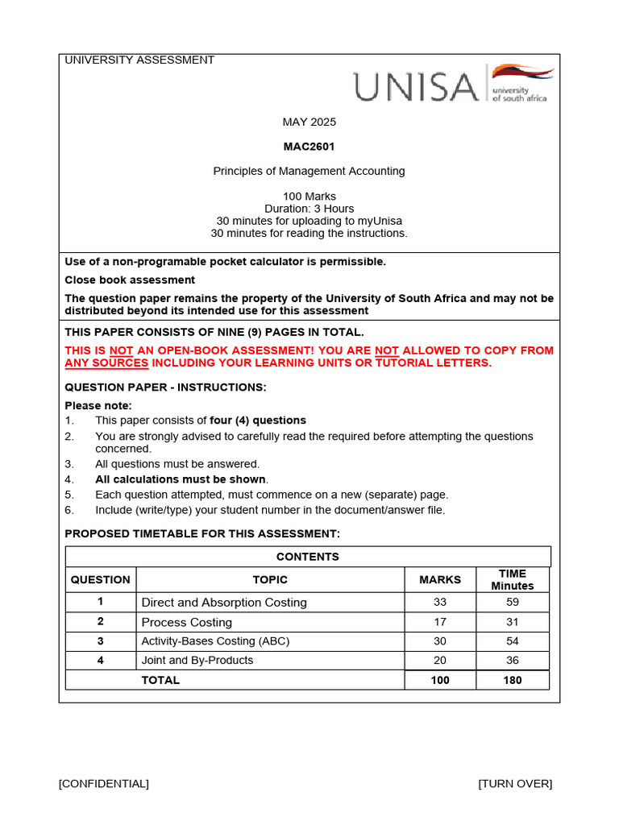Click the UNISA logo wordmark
pyautogui.click(x=416, y=86)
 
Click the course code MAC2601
pyautogui.click(x=309, y=147)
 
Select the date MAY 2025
pyautogui.click(x=309, y=122)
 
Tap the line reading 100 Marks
pyautogui.click(x=309, y=197)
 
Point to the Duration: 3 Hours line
pyautogui.click(x=309, y=209)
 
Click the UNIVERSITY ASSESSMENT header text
pyautogui.click(x=139, y=60)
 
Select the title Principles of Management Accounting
pyautogui.click(x=309, y=171)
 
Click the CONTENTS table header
pyautogui.click(x=308, y=557)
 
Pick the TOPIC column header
pyautogui.click(x=270, y=579)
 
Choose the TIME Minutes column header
pyautogui.click(x=513, y=579)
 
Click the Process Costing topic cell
pyautogui.click(x=187, y=622)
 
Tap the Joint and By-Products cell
pyautogui.click(x=197, y=660)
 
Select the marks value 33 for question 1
pyautogui.click(x=440, y=602)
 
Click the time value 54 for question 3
pyautogui.click(x=513, y=641)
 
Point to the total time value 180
pyautogui.click(x=513, y=680)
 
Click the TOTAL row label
pyautogui.click(x=161, y=680)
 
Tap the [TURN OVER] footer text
pyautogui.click(x=515, y=784)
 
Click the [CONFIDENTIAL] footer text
pyautogui.click(x=103, y=784)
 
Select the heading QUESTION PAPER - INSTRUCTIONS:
pyautogui.click(x=165, y=388)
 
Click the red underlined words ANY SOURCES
pyautogui.click(x=106, y=363)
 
